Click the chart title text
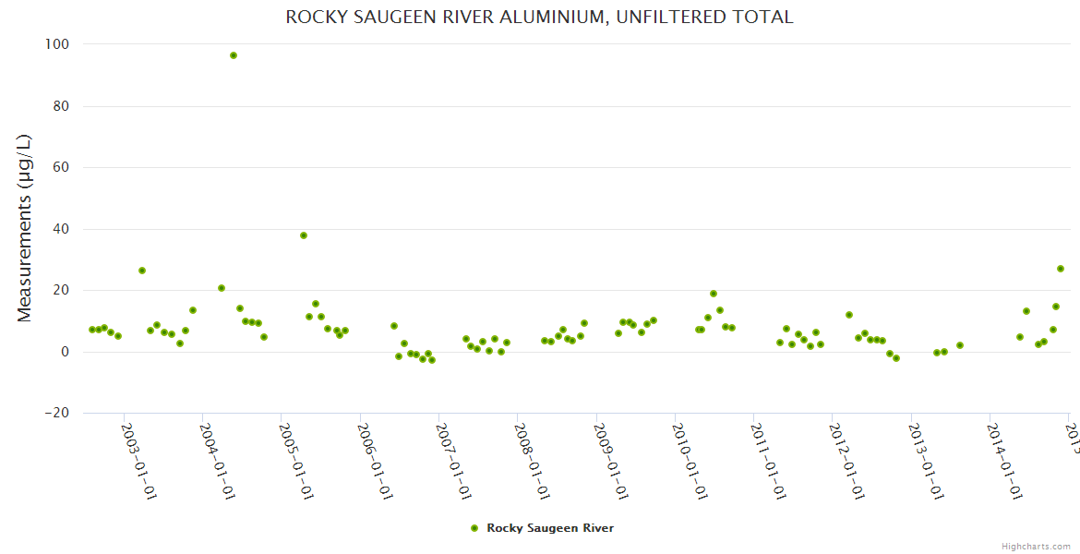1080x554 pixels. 539,17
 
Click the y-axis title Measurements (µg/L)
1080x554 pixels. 25,228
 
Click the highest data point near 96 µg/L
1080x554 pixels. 234,55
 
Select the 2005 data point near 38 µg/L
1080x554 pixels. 304,235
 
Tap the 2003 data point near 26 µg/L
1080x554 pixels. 142,271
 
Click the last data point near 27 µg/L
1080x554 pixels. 1061,269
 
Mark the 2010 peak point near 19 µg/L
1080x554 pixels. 714,294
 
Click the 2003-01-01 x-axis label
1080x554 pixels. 139,461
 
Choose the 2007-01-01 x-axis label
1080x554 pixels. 454,461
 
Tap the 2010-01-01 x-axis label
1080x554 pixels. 690,461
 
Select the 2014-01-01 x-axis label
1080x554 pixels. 1005,461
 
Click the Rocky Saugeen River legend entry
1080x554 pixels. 550,528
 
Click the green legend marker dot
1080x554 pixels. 474,528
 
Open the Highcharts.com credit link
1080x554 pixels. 1036,546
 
